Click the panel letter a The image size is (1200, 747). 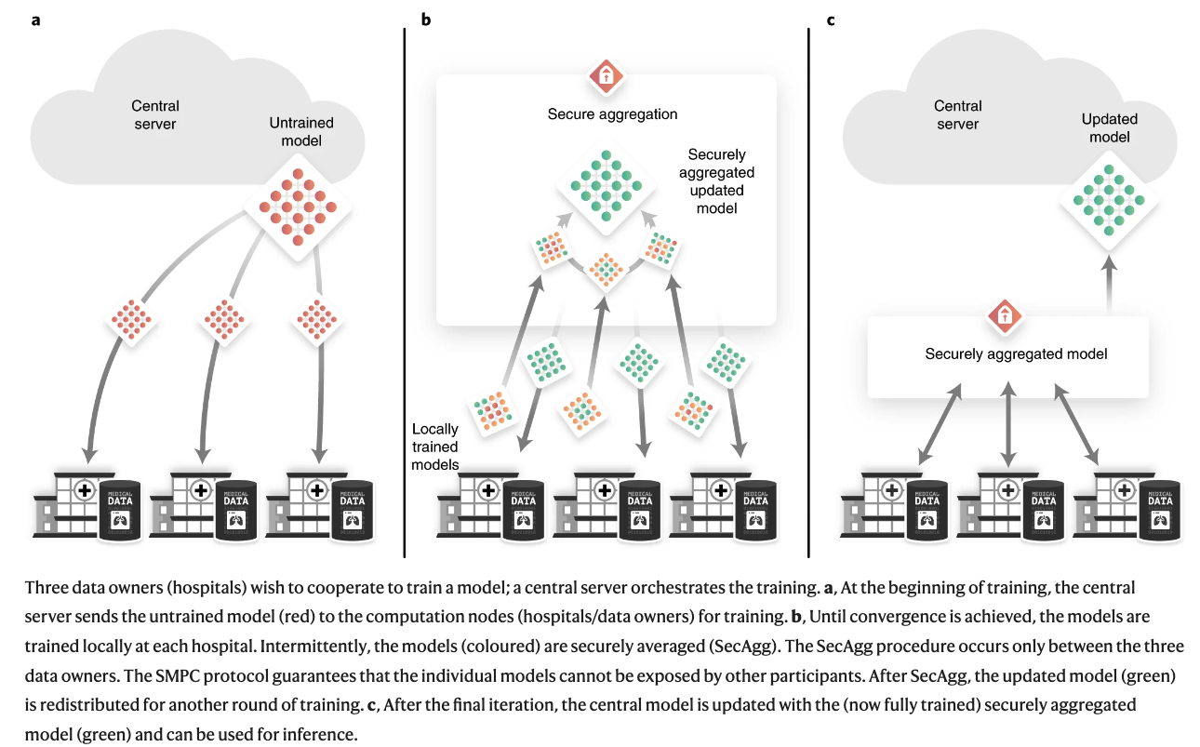pyautogui.click(x=35, y=20)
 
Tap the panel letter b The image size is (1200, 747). pyautogui.click(x=426, y=20)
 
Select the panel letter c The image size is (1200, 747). pyautogui.click(x=830, y=20)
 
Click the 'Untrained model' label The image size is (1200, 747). pyautogui.click(x=300, y=132)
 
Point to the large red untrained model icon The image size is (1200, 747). pyautogui.click(x=292, y=204)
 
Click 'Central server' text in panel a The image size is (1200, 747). pyautogui.click(x=154, y=115)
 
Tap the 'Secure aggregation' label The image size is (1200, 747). pyautogui.click(x=612, y=114)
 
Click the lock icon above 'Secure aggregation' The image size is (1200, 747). pyautogui.click(x=606, y=76)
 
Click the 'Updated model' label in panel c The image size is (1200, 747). pyautogui.click(x=1109, y=128)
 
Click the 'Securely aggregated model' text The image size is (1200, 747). pyautogui.click(x=1016, y=354)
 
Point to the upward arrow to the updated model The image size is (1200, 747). pyautogui.click(x=1109, y=284)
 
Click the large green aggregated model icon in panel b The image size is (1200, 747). pyautogui.click(x=606, y=183)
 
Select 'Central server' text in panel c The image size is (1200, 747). pyautogui.click(x=958, y=115)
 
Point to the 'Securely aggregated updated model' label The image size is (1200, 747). pyautogui.click(x=721, y=181)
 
